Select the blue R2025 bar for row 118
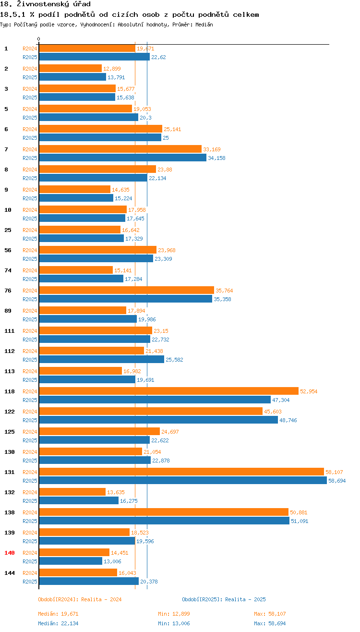point(155,400)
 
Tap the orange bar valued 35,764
point(126,290)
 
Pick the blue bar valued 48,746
point(158,420)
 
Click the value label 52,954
point(309,391)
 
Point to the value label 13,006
point(113,561)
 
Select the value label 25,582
point(174,360)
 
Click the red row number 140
point(9,553)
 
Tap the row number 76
point(8,291)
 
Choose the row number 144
point(9,573)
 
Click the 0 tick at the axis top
point(39,39)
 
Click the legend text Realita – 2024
point(101,599)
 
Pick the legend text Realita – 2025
point(245,599)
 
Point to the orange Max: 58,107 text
point(270,614)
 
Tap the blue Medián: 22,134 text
point(58,623)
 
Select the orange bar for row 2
point(70,68)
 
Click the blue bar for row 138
point(164,521)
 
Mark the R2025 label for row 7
point(30,158)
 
